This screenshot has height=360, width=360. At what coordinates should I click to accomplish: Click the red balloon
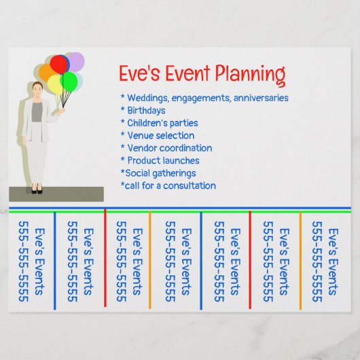[60, 65]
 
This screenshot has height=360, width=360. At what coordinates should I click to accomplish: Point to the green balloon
[69, 82]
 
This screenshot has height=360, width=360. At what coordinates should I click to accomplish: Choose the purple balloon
[77, 62]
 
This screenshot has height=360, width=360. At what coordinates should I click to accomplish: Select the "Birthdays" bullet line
[145, 110]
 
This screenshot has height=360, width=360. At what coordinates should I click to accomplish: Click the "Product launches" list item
[162, 160]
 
